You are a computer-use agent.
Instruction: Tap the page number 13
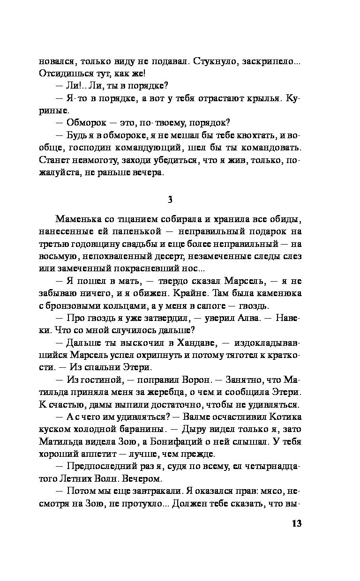(295, 524)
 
